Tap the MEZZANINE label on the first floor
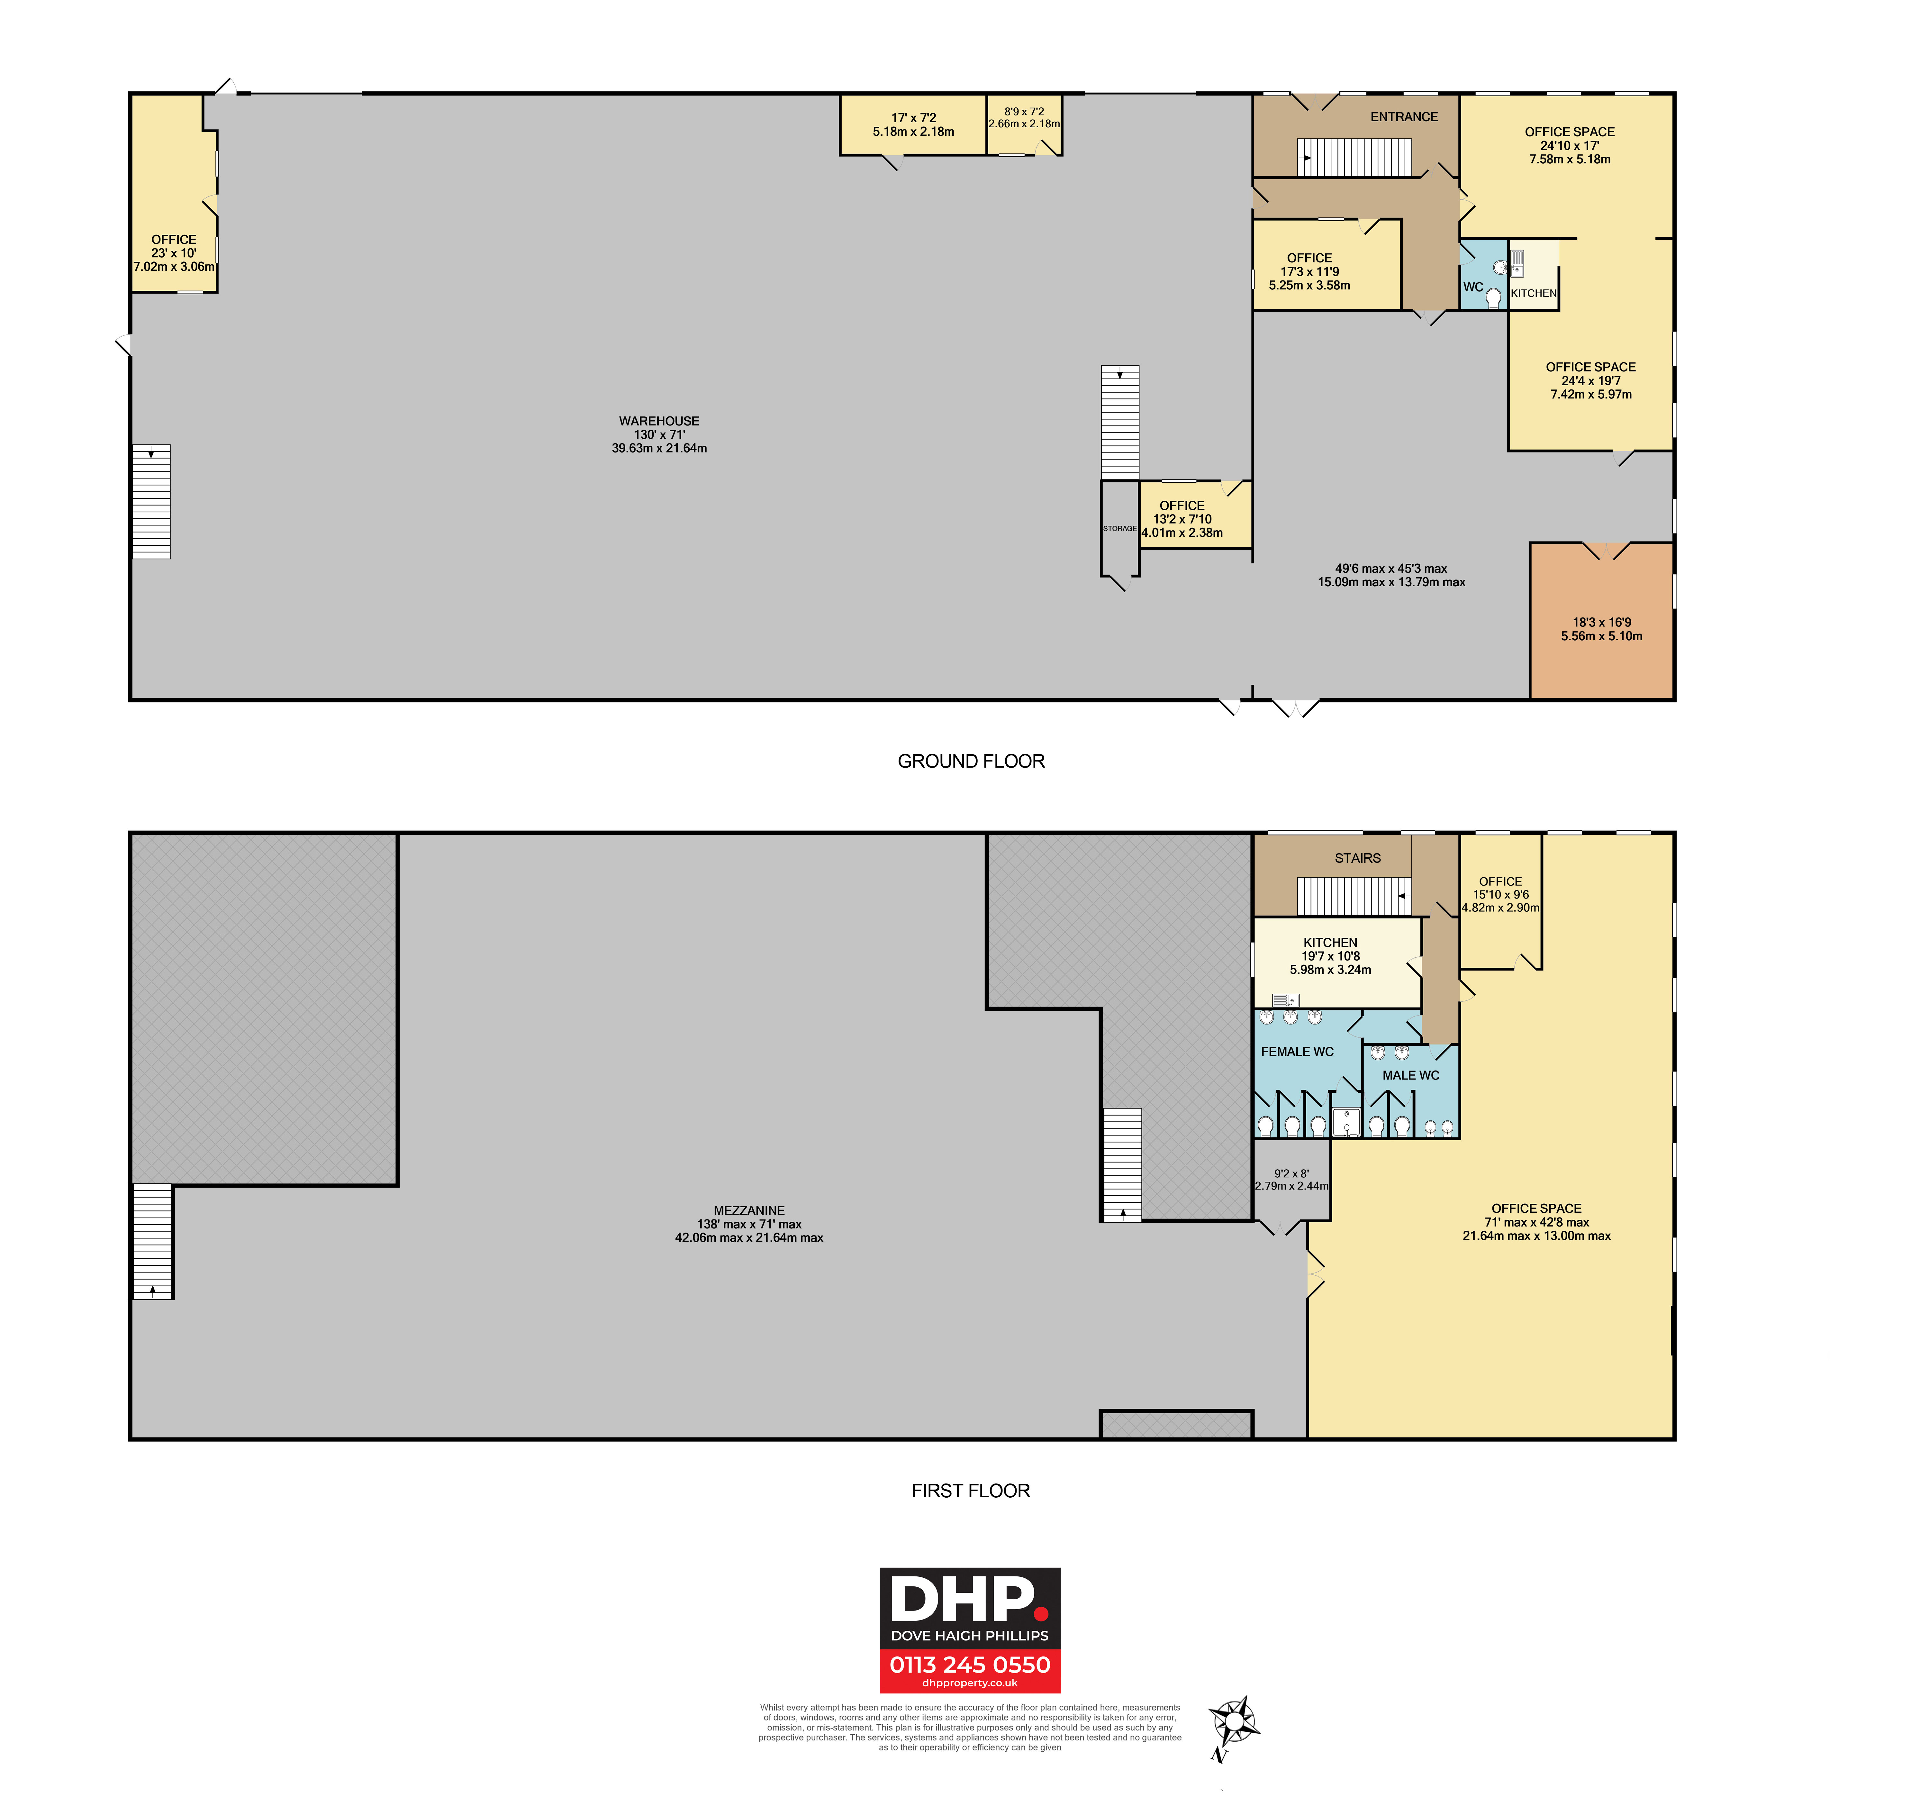coord(749,1210)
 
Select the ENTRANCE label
coord(1404,116)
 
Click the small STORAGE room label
coord(1120,529)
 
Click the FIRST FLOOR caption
coord(970,1491)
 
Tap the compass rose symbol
coord(1234,1723)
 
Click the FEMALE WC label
coord(1297,1051)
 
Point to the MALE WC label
coord(1411,1075)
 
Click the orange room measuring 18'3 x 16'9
coord(1602,621)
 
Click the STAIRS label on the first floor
coord(1357,858)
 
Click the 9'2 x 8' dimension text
coord(1291,1173)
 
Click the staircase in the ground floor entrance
coord(1354,157)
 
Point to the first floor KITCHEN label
coord(1330,943)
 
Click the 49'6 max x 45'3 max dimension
coord(1391,569)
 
